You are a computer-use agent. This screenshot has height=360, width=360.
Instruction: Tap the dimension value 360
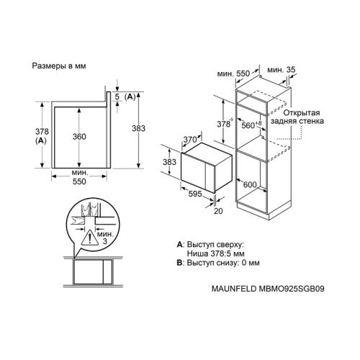79,138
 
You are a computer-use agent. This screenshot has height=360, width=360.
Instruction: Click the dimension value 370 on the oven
189,140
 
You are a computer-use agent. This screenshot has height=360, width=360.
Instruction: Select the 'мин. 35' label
280,71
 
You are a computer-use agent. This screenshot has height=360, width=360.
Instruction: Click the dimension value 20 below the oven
219,211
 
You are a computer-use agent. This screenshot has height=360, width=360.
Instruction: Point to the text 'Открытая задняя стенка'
302,117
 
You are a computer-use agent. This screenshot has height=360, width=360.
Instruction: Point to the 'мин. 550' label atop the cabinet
233,73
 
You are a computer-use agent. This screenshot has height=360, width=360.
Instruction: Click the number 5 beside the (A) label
115,96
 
